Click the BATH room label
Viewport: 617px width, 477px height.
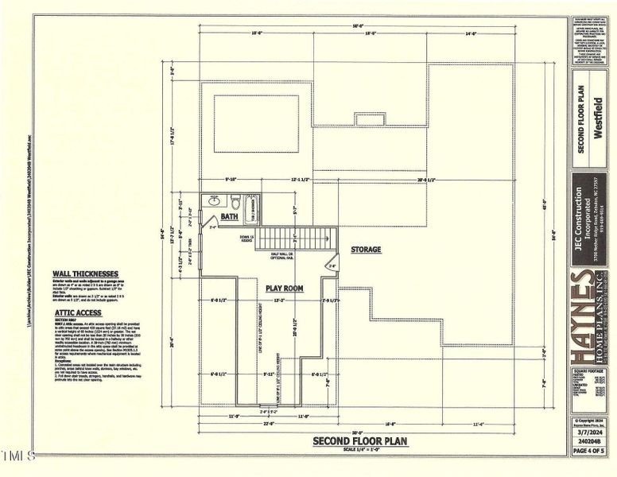pyautogui.click(x=229, y=216)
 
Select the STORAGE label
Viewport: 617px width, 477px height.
pyautogui.click(x=366, y=250)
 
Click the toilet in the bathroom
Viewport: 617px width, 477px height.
pyautogui.click(x=235, y=200)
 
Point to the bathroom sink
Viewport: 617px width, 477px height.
pyautogui.click(x=214, y=201)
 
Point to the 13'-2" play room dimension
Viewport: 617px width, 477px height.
pyautogui.click(x=279, y=301)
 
